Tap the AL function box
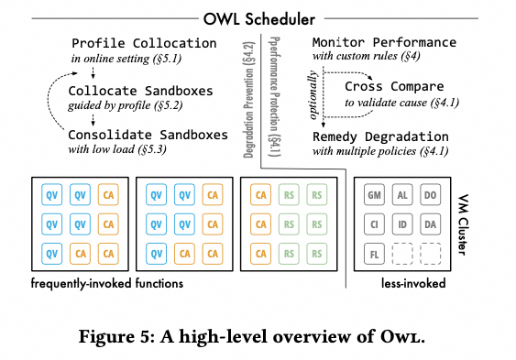click(402, 195)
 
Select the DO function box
click(429, 195)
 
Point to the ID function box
click(402, 222)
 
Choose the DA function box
click(429, 222)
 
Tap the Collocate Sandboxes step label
click(140, 91)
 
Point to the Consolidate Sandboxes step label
click(149, 135)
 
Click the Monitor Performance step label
click(384, 43)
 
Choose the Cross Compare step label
click(395, 86)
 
